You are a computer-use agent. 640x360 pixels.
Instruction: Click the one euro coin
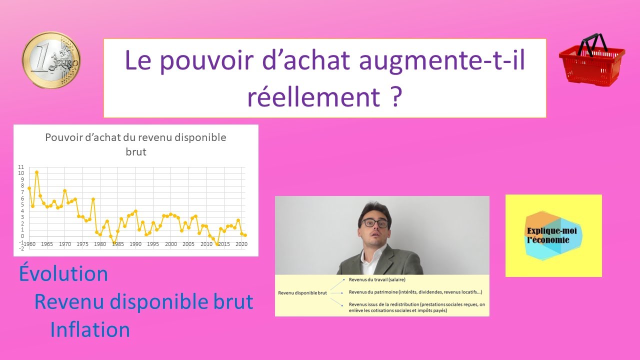[x=51, y=59]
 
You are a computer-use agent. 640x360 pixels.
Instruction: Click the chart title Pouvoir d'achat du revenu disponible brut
[x=135, y=144]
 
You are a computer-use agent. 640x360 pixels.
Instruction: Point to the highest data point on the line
[x=36, y=172]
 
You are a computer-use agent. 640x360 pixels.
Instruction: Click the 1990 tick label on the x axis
[x=135, y=244]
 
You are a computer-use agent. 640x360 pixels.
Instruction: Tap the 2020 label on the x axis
[x=241, y=244]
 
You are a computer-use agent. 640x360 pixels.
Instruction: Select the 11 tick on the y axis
[x=21, y=167]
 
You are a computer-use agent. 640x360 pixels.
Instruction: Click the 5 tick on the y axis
[x=22, y=205]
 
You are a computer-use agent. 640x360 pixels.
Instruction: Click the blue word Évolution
[x=63, y=273]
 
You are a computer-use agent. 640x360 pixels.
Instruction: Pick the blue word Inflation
[x=90, y=329]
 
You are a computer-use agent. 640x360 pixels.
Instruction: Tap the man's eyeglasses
[x=375, y=223]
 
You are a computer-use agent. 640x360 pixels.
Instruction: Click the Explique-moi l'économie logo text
[x=551, y=235]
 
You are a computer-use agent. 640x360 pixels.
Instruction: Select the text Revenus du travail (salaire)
[x=377, y=279]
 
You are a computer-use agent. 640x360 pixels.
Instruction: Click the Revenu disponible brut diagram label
[x=302, y=293]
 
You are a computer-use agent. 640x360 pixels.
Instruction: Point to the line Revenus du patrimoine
[x=415, y=292]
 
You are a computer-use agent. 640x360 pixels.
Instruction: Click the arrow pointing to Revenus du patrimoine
[x=336, y=293]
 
